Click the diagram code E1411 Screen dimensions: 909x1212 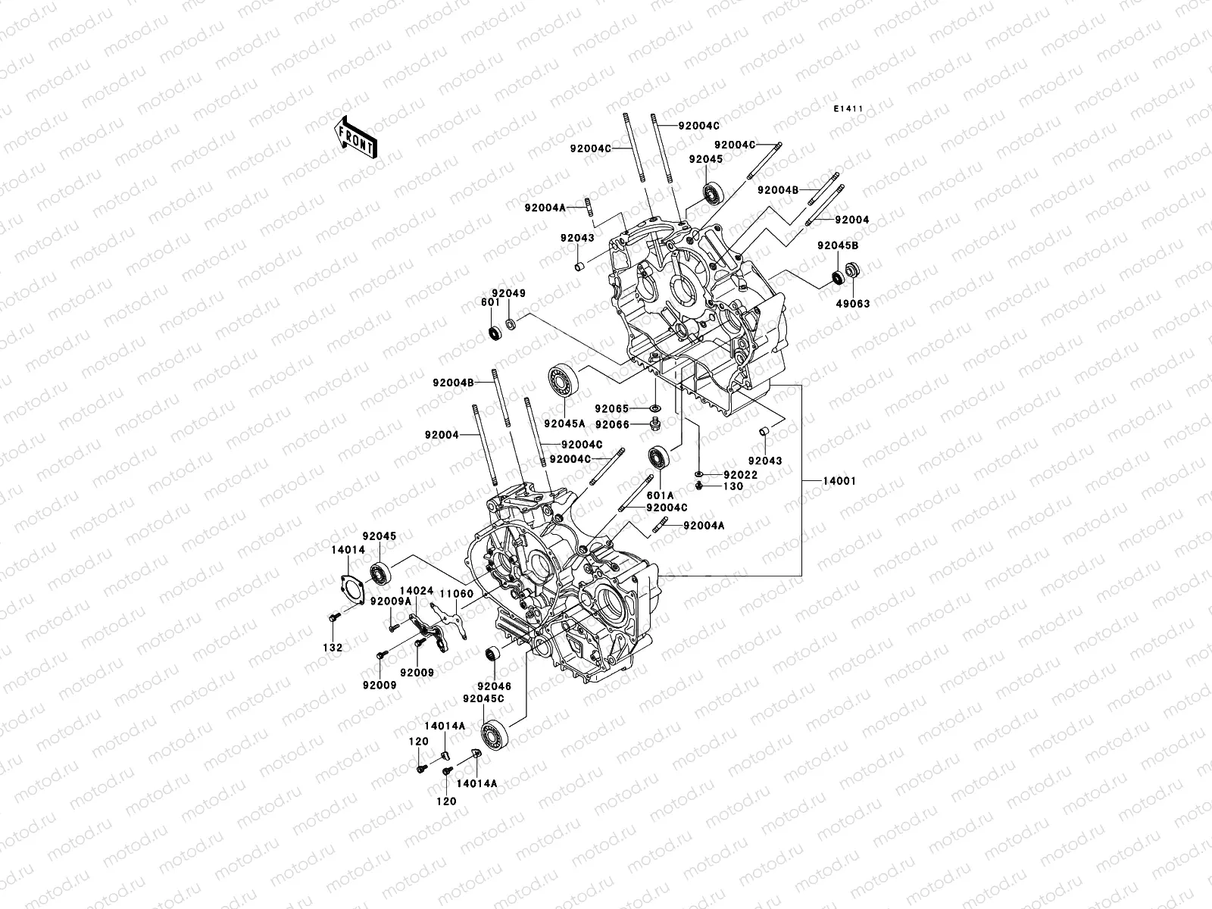[848, 109]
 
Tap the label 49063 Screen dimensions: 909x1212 [853, 303]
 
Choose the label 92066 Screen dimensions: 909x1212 [612, 425]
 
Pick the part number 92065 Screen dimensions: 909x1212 [612, 408]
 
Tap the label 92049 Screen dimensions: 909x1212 [508, 293]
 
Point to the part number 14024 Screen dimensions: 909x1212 [417, 589]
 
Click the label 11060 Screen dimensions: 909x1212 [456, 596]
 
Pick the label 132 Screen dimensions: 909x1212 [333, 648]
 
